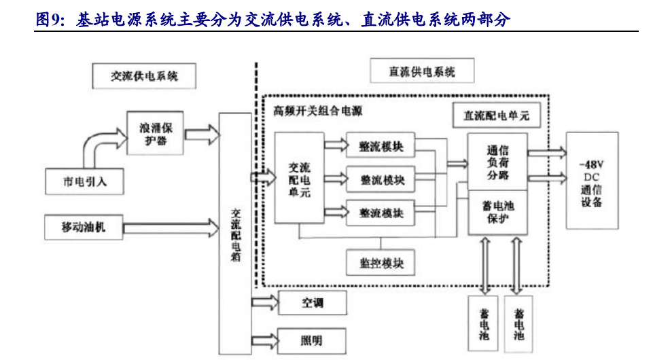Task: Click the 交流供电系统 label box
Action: pos(144,76)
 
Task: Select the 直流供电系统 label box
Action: pos(421,71)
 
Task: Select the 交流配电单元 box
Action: pos(298,179)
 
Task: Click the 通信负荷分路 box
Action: pos(498,162)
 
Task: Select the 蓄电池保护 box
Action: pos(498,213)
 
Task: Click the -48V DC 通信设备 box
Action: pos(591,184)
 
